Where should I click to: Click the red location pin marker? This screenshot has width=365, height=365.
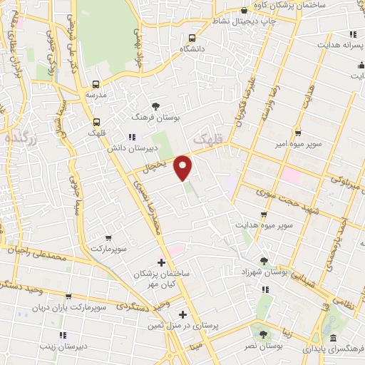coord(184,168)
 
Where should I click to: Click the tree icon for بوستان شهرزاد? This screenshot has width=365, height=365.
coord(264,262)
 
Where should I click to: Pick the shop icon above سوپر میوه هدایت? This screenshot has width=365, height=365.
coord(264,214)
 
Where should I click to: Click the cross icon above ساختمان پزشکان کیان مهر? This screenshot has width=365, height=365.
coord(161,262)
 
